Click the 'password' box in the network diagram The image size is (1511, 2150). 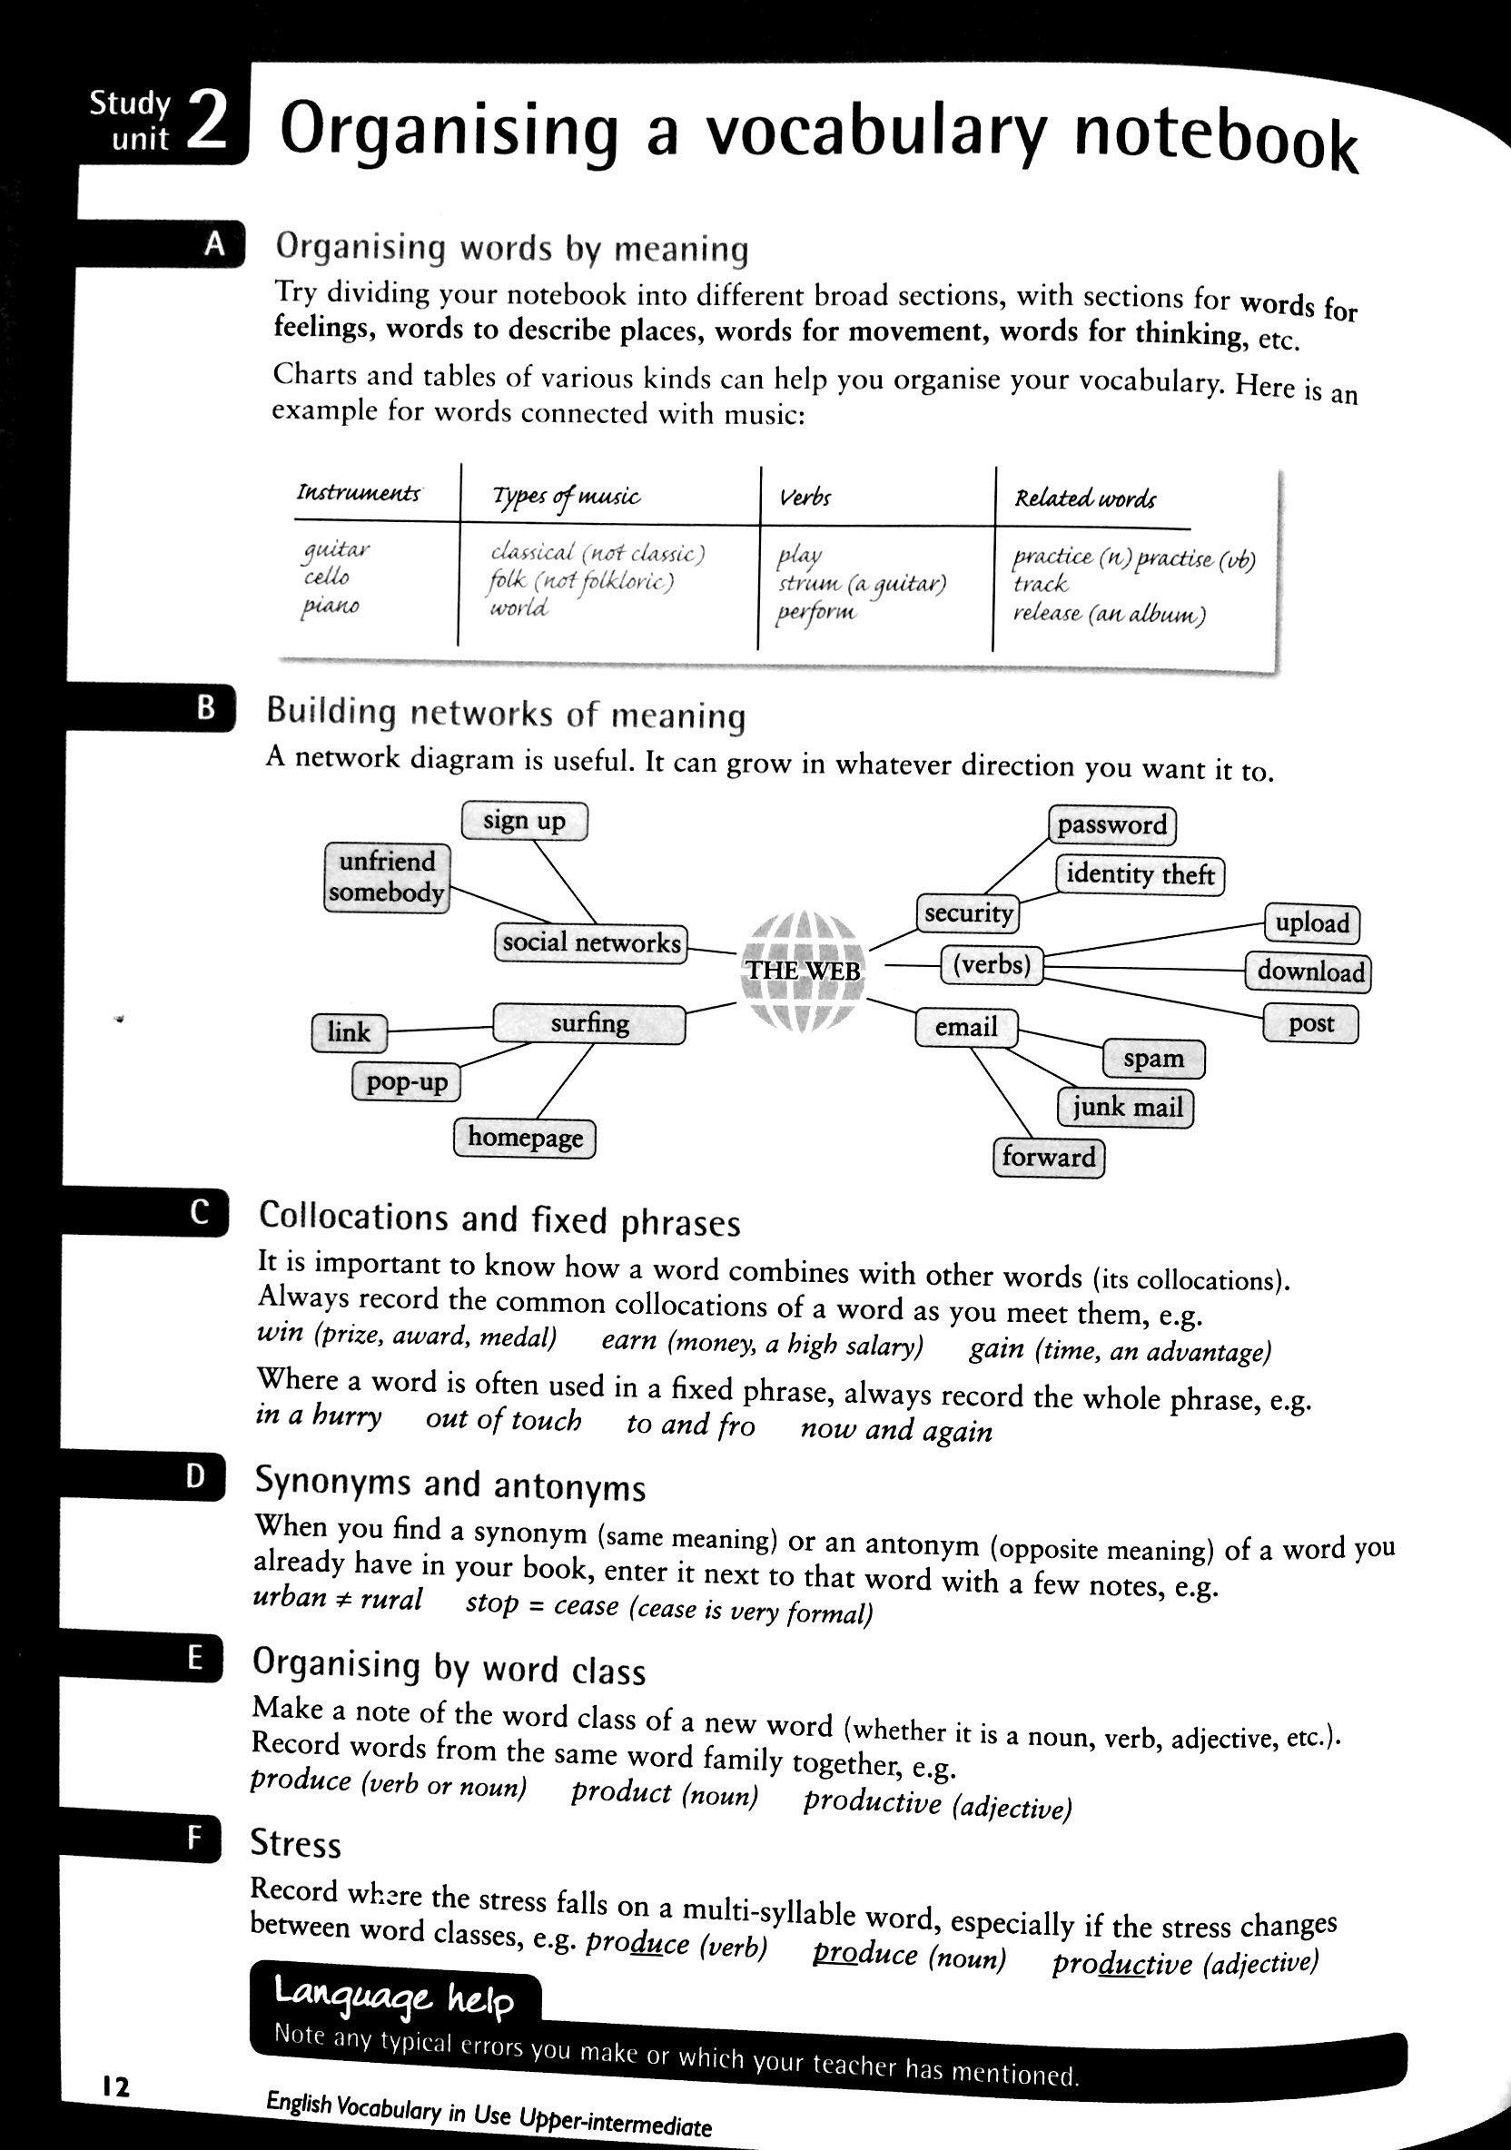(x=1111, y=825)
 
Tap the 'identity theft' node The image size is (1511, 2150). (x=1140, y=874)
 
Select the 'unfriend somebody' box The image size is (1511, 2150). (x=386, y=876)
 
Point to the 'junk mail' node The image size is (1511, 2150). (x=1127, y=1108)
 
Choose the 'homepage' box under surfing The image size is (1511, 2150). (x=525, y=1138)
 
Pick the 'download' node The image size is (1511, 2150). (x=1309, y=971)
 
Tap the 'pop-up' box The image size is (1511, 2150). (x=407, y=1082)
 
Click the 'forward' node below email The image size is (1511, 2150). (x=1048, y=1158)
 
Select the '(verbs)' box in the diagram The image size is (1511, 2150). (x=991, y=963)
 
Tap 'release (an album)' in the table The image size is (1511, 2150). (x=1109, y=616)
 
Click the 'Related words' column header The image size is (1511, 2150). (x=1085, y=498)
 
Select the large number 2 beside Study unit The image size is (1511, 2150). (x=206, y=122)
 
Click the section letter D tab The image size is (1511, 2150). (x=195, y=1476)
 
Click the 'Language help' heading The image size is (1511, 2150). (x=393, y=1999)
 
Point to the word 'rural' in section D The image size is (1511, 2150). (x=390, y=1599)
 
